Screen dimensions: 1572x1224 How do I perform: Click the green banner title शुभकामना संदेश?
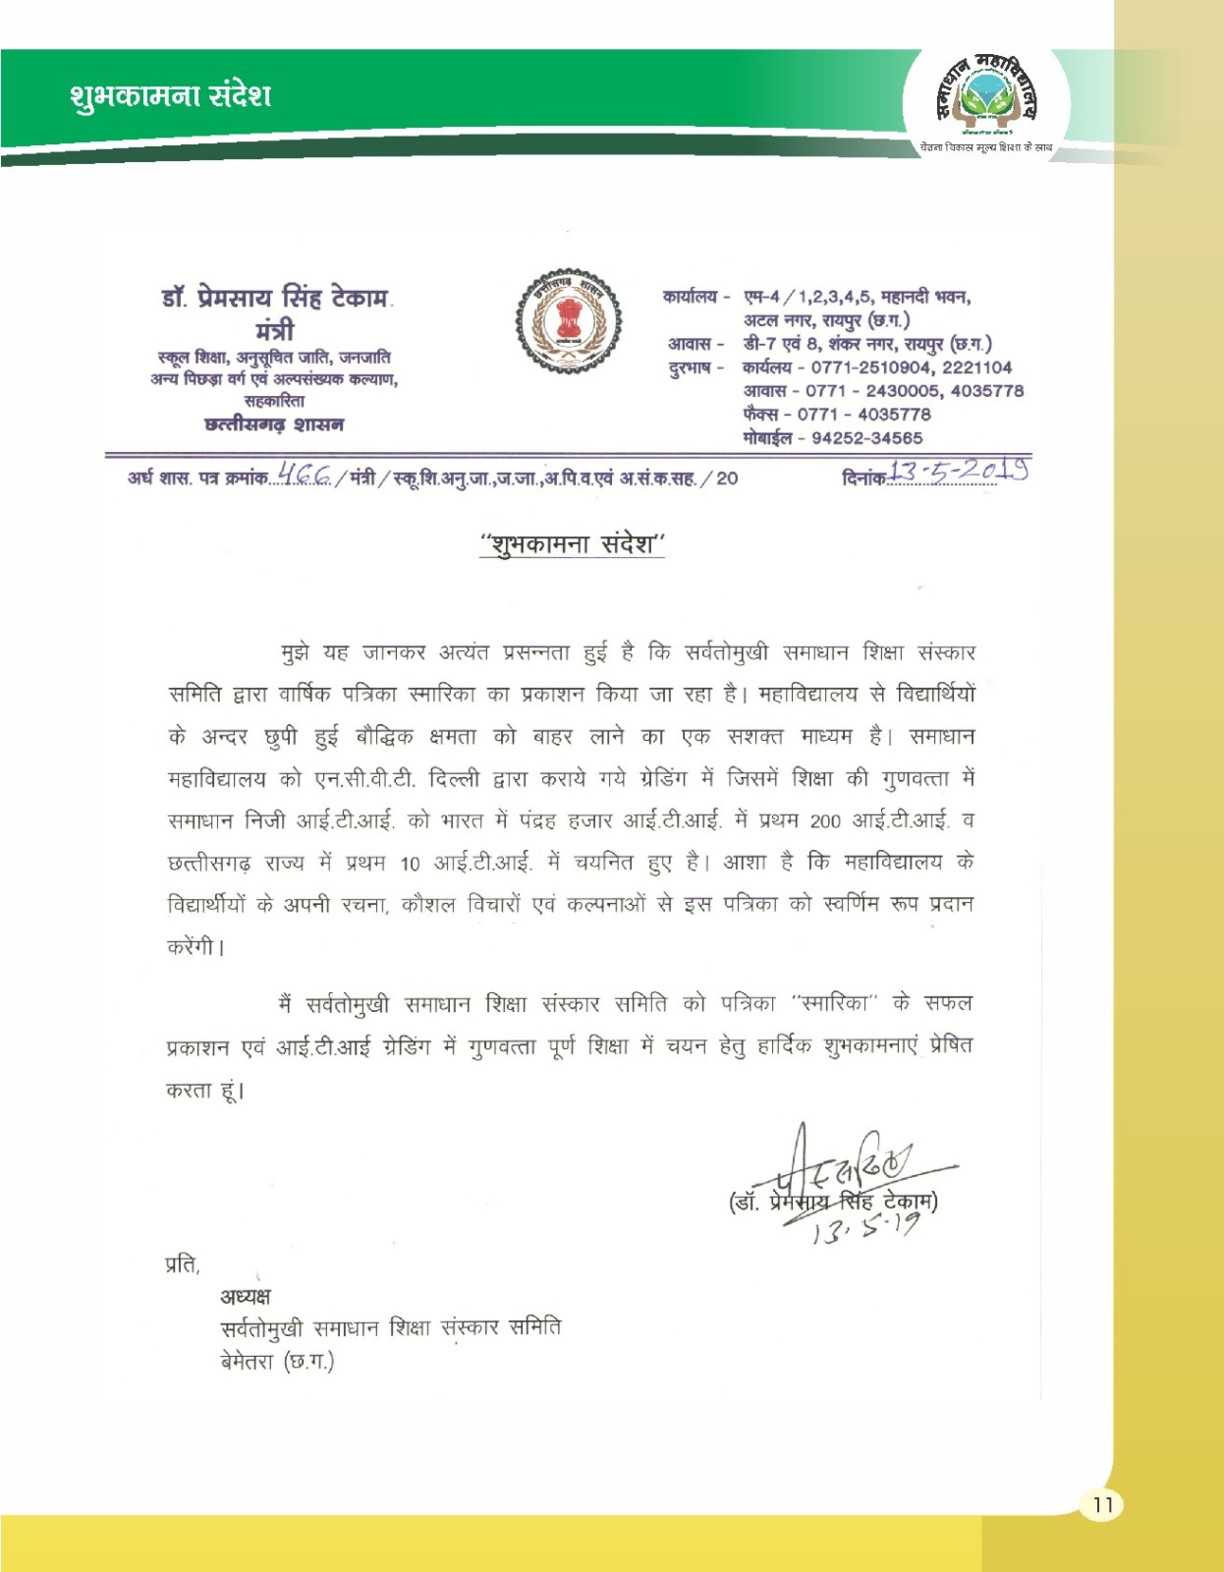point(170,96)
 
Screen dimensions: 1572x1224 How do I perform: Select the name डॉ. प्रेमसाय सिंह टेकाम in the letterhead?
point(275,297)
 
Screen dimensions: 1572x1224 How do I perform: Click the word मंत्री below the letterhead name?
point(274,330)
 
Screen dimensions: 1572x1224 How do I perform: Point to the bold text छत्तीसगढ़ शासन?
point(274,425)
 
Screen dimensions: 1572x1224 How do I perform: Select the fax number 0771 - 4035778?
point(863,415)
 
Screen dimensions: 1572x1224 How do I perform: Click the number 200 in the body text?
point(825,821)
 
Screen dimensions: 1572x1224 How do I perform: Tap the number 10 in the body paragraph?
point(410,864)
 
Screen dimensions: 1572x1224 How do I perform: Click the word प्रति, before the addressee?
point(182,1264)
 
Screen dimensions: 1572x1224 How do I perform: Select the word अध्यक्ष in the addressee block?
point(246,1297)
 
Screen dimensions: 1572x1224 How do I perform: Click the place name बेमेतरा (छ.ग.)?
point(277,1363)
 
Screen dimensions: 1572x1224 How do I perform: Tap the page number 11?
point(1102,1505)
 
